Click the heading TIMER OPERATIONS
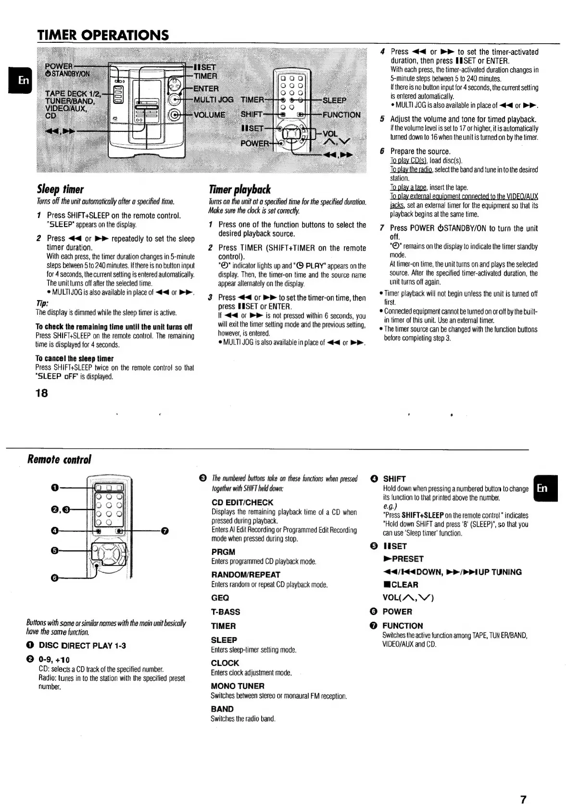103,35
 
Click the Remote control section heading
59,459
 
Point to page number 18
42,393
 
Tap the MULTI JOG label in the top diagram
213,100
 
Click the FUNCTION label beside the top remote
341,115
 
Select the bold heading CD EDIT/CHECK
242,502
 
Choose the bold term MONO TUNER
238,686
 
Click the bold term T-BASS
226,612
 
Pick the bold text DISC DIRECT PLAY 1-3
82,645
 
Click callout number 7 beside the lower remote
165,531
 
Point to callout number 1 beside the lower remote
55,488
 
